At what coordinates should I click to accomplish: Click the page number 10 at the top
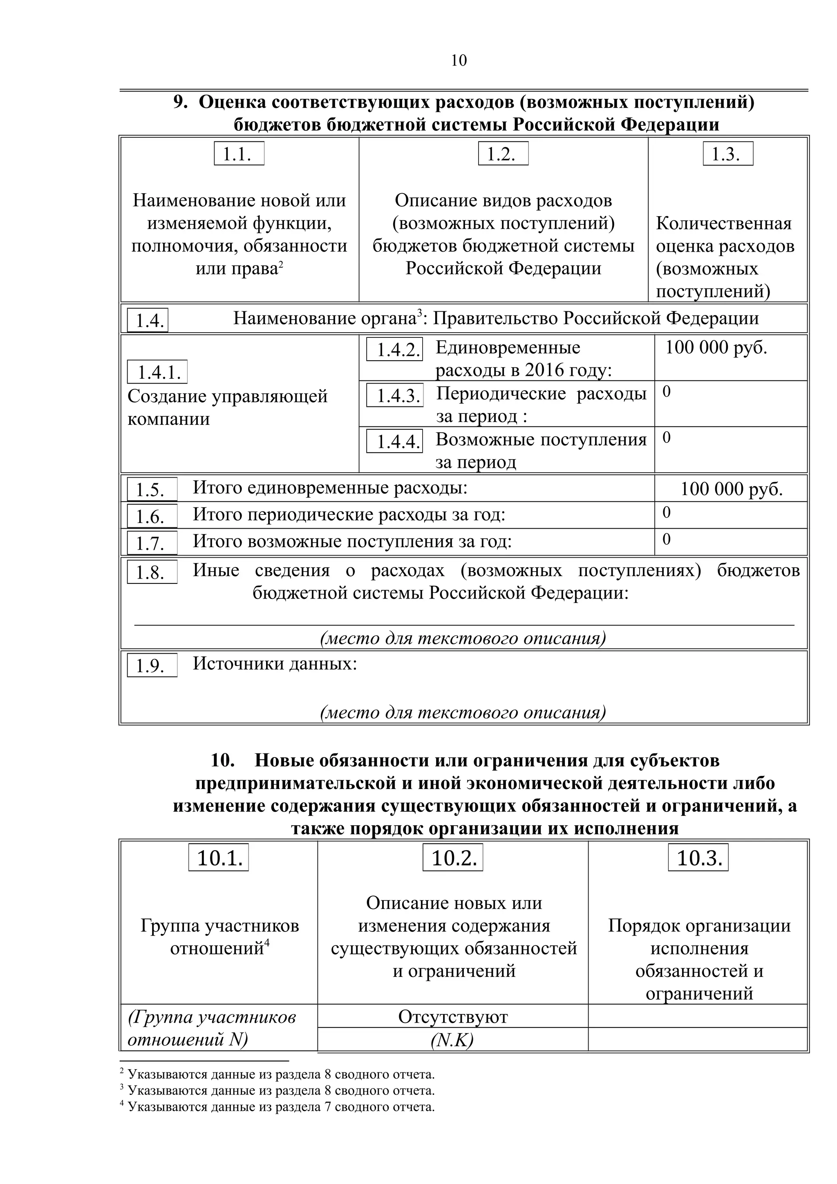[x=459, y=61]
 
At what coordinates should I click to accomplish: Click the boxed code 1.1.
[x=239, y=154]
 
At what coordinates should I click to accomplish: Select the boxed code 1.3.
[x=727, y=154]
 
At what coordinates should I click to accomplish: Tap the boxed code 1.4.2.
[x=394, y=350]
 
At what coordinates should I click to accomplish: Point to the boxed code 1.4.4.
[x=394, y=441]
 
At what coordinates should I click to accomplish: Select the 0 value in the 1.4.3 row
[x=666, y=392]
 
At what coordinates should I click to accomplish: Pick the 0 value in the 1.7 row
[x=666, y=539]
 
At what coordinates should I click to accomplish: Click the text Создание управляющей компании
[x=227, y=407]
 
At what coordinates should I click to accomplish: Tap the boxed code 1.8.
[x=152, y=572]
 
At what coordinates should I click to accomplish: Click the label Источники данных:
[x=274, y=663]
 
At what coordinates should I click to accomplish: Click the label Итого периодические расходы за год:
[x=349, y=515]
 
